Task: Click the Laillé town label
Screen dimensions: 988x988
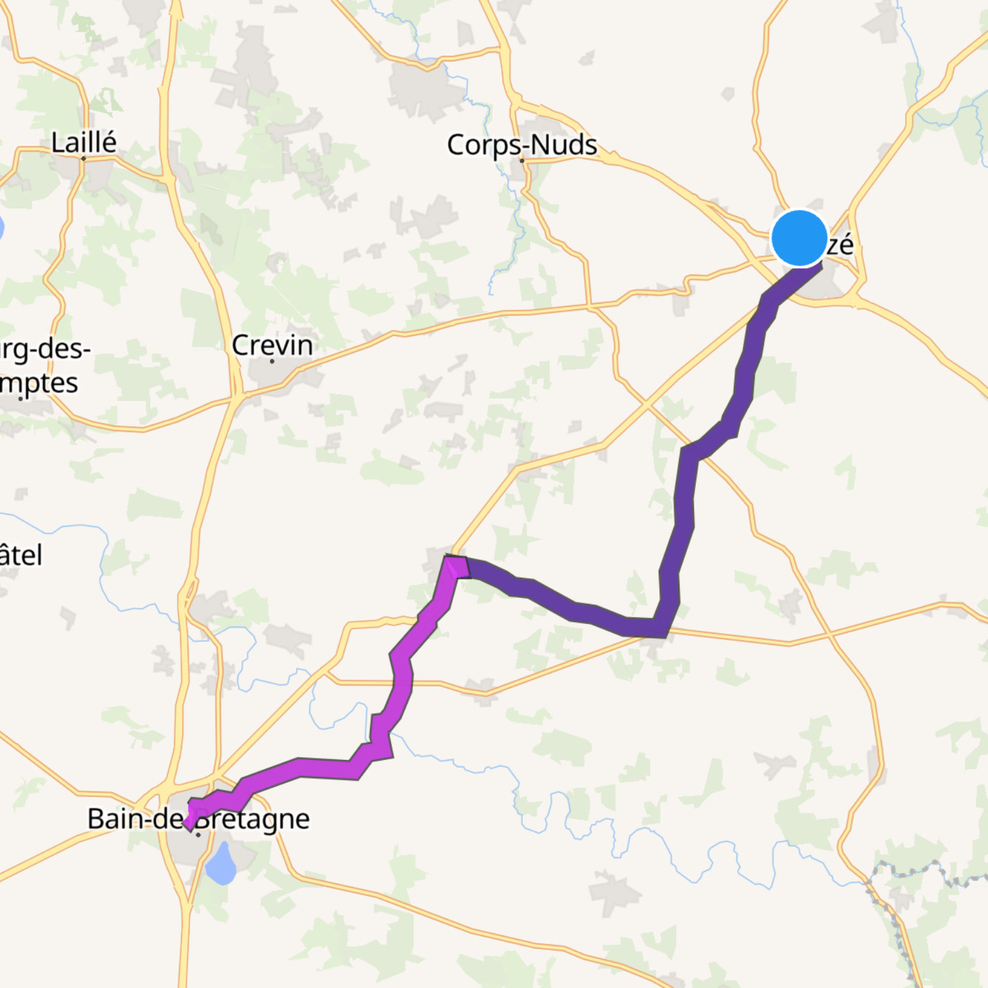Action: [x=84, y=142]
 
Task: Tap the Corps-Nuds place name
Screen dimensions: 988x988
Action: [x=521, y=144]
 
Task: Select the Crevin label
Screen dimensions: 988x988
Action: [x=272, y=345]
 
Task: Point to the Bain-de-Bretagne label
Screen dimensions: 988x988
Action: [x=198, y=818]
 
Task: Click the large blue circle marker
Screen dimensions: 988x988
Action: [x=799, y=239]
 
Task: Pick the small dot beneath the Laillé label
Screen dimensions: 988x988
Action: [x=84, y=158]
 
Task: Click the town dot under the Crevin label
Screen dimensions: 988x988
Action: [x=272, y=361]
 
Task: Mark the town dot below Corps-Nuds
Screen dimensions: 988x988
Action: [x=521, y=160]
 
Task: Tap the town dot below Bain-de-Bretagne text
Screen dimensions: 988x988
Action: [x=198, y=834]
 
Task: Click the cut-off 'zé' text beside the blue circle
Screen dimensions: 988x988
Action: [x=840, y=245]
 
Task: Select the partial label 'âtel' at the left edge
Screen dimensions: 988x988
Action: [x=21, y=555]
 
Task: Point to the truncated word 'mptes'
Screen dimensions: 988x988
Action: [x=39, y=384]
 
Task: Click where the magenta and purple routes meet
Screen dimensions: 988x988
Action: [x=461, y=567]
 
